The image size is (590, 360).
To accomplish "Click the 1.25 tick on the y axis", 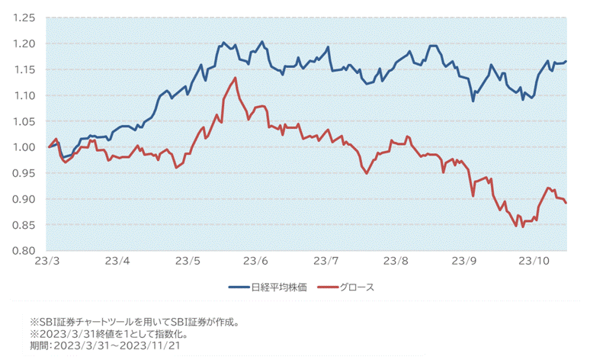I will tap(24, 18).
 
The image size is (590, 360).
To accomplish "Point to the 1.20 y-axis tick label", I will tap(24, 43).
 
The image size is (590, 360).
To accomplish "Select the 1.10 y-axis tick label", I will tap(24, 95).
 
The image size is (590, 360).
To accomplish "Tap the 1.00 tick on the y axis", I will tap(24, 147).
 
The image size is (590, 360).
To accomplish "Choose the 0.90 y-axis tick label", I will tap(24, 199).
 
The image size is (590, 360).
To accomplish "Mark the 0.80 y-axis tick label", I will tap(24, 251).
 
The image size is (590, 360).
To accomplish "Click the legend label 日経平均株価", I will tap(279, 288).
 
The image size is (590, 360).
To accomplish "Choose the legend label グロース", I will tap(357, 288).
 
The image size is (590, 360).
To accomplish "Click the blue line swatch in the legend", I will tap(239, 288).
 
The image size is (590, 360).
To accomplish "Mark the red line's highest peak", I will tap(236, 78).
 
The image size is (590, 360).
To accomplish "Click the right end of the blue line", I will tap(566, 61).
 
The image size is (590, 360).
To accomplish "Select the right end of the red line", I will tap(566, 203).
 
